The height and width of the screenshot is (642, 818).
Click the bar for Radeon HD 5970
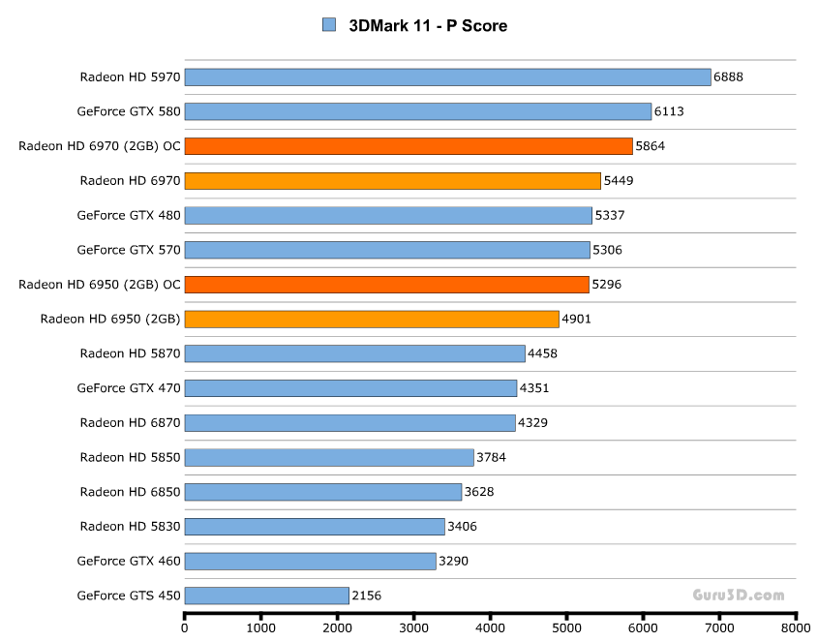point(447,76)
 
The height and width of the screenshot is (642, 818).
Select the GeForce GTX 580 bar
point(418,111)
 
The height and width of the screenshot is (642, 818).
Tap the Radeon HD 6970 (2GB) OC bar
point(409,146)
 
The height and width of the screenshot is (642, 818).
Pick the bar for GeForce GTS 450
point(266,596)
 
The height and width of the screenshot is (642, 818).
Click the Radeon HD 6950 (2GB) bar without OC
point(372,319)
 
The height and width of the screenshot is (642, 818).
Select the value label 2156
point(367,596)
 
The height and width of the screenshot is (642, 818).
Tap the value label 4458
point(543,353)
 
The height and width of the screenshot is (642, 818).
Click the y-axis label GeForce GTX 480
point(129,215)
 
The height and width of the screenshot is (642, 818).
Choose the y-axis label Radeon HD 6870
point(130,422)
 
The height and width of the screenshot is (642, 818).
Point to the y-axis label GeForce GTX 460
point(129,561)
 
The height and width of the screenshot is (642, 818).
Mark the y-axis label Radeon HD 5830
point(130,526)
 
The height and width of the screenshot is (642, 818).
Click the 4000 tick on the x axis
point(490,627)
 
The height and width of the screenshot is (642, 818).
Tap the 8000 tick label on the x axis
point(796,627)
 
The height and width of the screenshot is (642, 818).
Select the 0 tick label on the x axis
point(185,627)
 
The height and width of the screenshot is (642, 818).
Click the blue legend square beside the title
point(328,25)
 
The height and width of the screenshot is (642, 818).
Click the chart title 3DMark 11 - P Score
point(428,26)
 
